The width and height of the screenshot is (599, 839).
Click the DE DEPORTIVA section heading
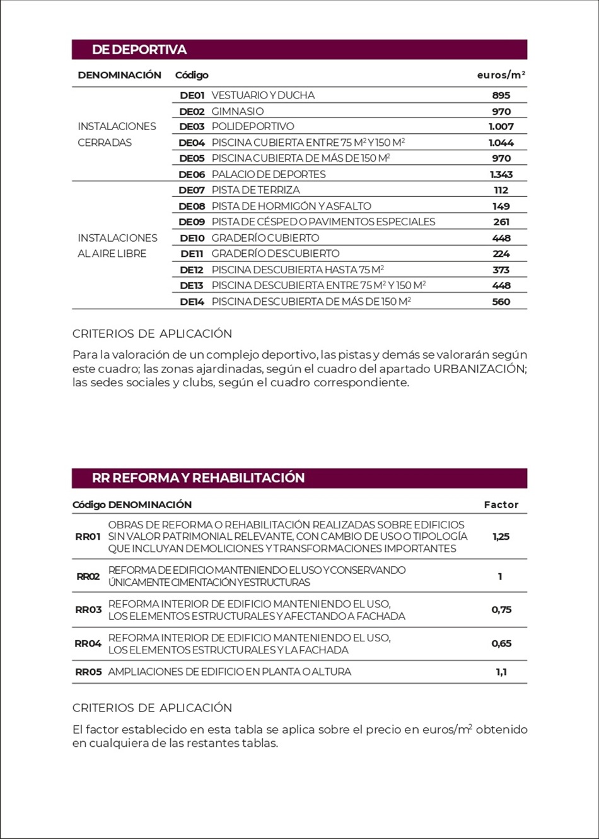click(139, 50)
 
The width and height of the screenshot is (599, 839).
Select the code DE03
click(192, 127)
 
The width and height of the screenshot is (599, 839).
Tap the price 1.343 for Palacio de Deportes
click(501, 174)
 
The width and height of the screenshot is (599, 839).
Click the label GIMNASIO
click(238, 111)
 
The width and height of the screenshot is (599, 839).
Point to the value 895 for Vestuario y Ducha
click(501, 95)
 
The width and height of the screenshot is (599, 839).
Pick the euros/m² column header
click(501, 75)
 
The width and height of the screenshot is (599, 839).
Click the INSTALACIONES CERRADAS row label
click(117, 134)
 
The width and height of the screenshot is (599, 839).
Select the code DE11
click(192, 254)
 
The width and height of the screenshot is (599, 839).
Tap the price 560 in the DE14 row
click(501, 302)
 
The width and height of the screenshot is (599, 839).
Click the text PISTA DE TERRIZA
click(255, 190)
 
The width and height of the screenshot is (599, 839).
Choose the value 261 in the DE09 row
click(501, 222)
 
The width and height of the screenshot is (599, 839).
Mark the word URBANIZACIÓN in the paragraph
click(479, 369)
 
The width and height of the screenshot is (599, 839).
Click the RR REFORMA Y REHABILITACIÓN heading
click(198, 478)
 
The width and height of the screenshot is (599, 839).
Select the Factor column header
click(501, 505)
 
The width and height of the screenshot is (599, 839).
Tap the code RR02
click(88, 576)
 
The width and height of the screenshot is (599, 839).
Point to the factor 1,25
click(501, 537)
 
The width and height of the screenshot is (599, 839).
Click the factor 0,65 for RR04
click(501, 644)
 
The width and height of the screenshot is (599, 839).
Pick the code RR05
click(88, 672)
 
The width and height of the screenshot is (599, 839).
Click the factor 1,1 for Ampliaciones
click(501, 672)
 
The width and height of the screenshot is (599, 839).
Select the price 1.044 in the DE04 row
click(501, 143)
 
